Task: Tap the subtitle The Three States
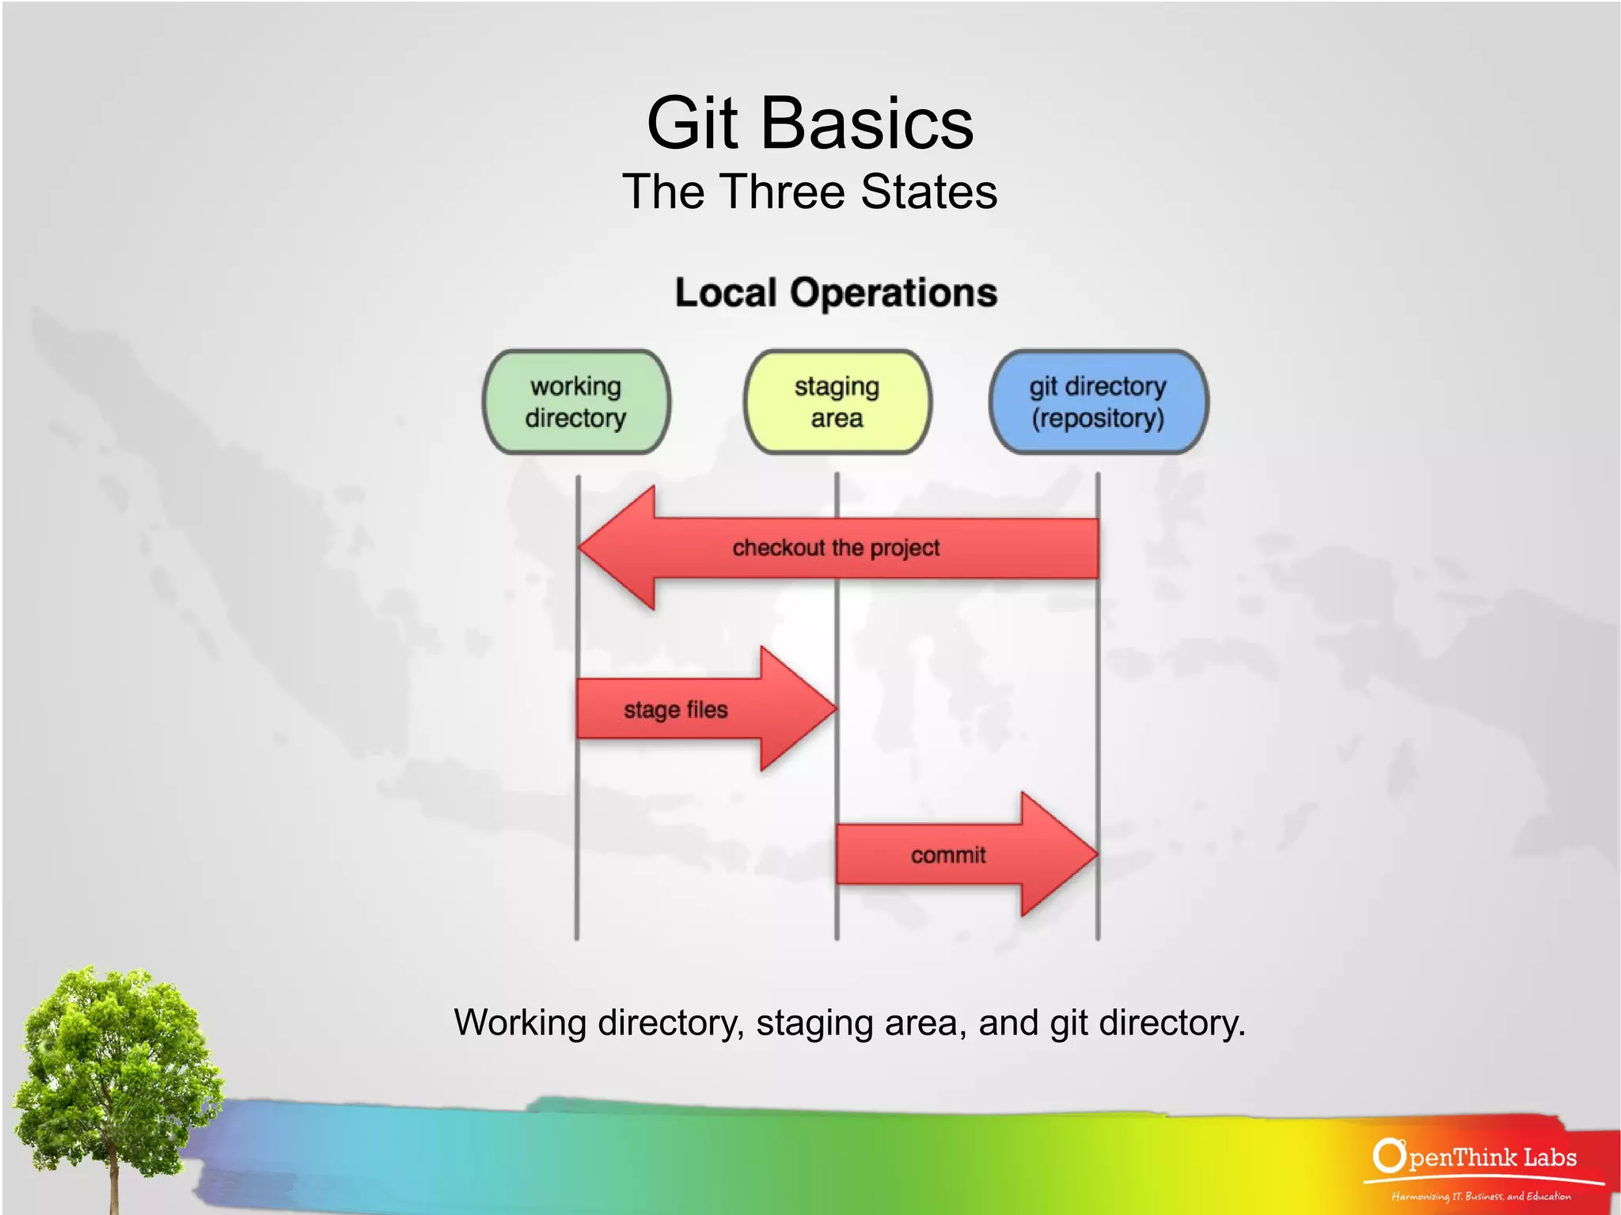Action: [810, 192]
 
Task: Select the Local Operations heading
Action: [836, 293]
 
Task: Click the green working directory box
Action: [576, 402]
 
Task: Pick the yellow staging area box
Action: [837, 402]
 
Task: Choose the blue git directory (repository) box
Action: [1098, 402]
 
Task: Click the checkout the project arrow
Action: [871, 548]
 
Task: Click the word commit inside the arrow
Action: [948, 855]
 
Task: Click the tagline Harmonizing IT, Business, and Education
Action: [1481, 1196]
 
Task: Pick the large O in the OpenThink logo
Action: [1388, 1156]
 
